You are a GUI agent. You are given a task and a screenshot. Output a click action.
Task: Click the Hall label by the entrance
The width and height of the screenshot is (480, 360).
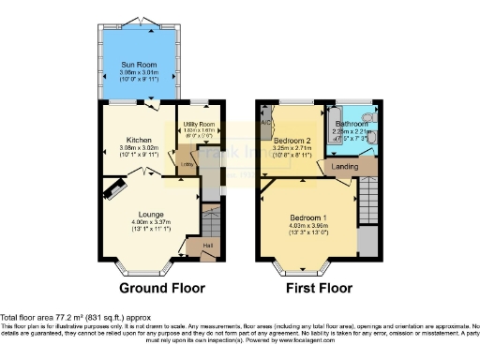point(206,246)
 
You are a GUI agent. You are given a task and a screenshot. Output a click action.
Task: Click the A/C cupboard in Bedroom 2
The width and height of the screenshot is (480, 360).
point(266,123)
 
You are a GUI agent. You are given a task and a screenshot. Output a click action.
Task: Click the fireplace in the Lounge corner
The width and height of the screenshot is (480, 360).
point(113,191)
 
